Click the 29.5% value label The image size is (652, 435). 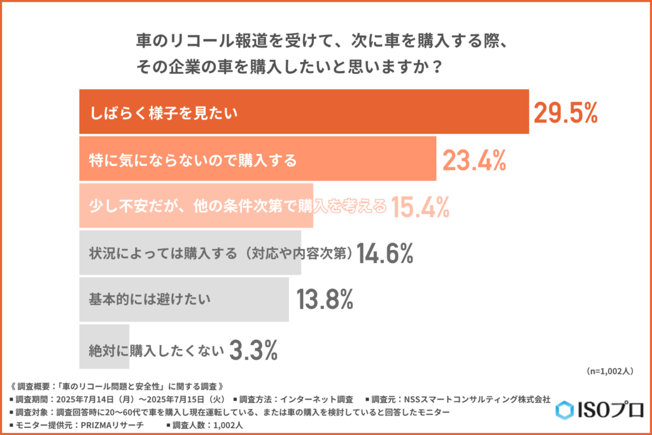(x=565, y=113)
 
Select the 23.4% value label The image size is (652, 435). (x=474, y=160)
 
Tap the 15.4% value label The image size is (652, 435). (x=420, y=206)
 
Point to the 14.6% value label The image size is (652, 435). (x=385, y=253)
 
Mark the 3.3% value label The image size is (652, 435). (x=253, y=349)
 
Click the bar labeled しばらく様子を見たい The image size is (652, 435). (x=304, y=113)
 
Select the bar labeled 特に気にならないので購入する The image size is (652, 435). (x=257, y=159)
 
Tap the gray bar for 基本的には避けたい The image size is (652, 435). (x=185, y=299)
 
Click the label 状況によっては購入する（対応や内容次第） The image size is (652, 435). (x=220, y=253)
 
